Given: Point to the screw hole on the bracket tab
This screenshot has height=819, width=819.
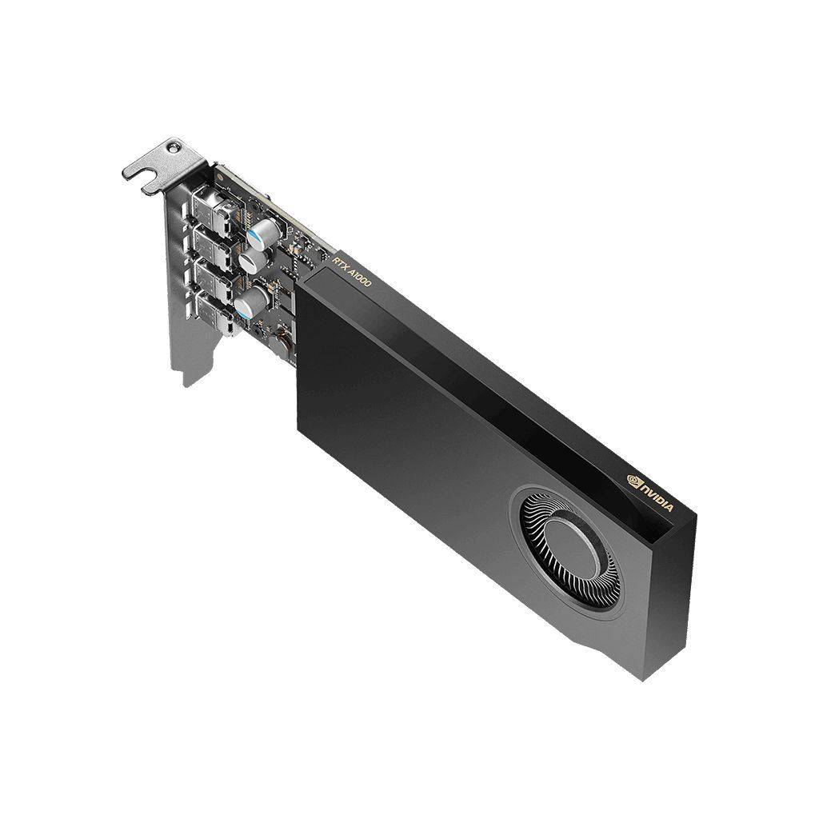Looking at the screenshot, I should [x=171, y=146].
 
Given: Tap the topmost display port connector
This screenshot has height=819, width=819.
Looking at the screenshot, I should [x=214, y=210].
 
